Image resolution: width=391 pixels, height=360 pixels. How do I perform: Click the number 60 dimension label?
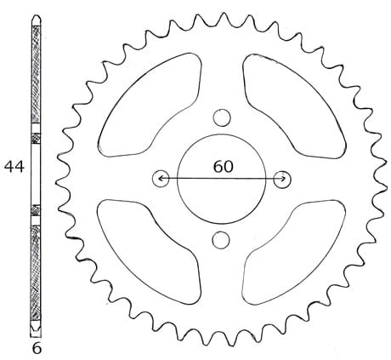224,167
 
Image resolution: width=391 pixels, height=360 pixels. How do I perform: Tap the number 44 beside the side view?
14,167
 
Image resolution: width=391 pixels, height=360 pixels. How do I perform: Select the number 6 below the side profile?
37,349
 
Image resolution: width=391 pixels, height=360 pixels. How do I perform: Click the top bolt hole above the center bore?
222,117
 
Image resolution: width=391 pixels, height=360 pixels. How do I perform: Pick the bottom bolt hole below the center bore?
221,240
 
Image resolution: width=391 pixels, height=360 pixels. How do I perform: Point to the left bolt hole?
161,179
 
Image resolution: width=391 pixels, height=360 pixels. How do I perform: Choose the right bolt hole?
282,180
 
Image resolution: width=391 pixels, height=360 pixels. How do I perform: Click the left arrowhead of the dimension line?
160,179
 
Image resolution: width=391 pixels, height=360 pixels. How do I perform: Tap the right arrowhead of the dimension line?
284,179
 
